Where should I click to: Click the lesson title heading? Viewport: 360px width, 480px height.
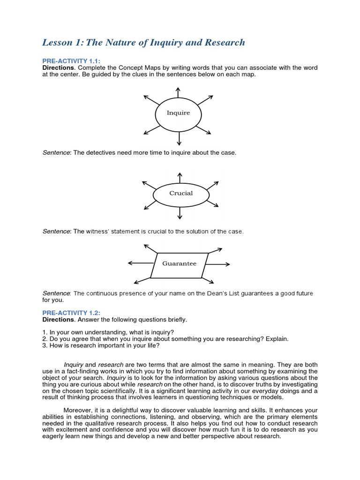click(x=143, y=43)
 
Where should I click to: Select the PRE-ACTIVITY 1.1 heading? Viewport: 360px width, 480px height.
click(x=72, y=61)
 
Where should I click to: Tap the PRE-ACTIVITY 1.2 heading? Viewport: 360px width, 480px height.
click(x=72, y=313)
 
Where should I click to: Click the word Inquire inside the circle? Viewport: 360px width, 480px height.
click(x=179, y=113)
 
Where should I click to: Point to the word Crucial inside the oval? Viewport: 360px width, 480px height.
click(x=181, y=193)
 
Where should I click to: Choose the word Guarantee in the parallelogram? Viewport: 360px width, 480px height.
click(x=179, y=263)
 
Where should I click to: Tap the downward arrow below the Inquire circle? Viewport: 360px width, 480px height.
click(x=179, y=138)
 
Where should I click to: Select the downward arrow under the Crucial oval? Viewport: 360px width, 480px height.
click(x=180, y=213)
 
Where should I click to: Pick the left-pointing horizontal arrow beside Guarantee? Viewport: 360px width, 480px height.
click(x=140, y=263)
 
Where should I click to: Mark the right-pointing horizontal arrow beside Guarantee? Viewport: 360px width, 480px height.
click(x=219, y=263)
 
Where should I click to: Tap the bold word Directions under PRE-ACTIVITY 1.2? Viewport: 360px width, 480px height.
click(x=58, y=319)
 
